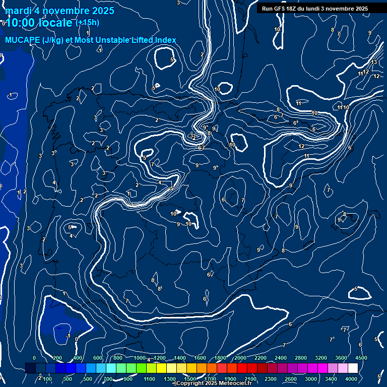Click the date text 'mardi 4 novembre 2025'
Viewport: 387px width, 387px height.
(x=59, y=11)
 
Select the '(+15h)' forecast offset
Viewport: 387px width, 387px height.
(x=87, y=22)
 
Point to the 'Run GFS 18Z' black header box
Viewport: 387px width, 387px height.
(x=314, y=9)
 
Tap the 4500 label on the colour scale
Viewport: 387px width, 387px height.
(x=361, y=358)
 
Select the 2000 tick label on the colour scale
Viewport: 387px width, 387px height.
(x=240, y=358)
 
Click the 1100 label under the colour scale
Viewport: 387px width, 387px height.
(x=150, y=379)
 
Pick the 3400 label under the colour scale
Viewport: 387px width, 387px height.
(x=331, y=379)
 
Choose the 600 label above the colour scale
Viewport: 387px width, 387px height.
(x=98, y=358)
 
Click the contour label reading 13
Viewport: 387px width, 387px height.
(x=374, y=62)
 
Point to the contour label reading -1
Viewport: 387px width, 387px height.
(x=68, y=336)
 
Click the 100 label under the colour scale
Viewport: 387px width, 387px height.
(x=48, y=379)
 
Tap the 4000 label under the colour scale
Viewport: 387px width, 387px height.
(x=351, y=379)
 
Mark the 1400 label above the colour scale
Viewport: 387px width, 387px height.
(x=180, y=358)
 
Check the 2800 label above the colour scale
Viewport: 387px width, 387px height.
(x=301, y=358)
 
